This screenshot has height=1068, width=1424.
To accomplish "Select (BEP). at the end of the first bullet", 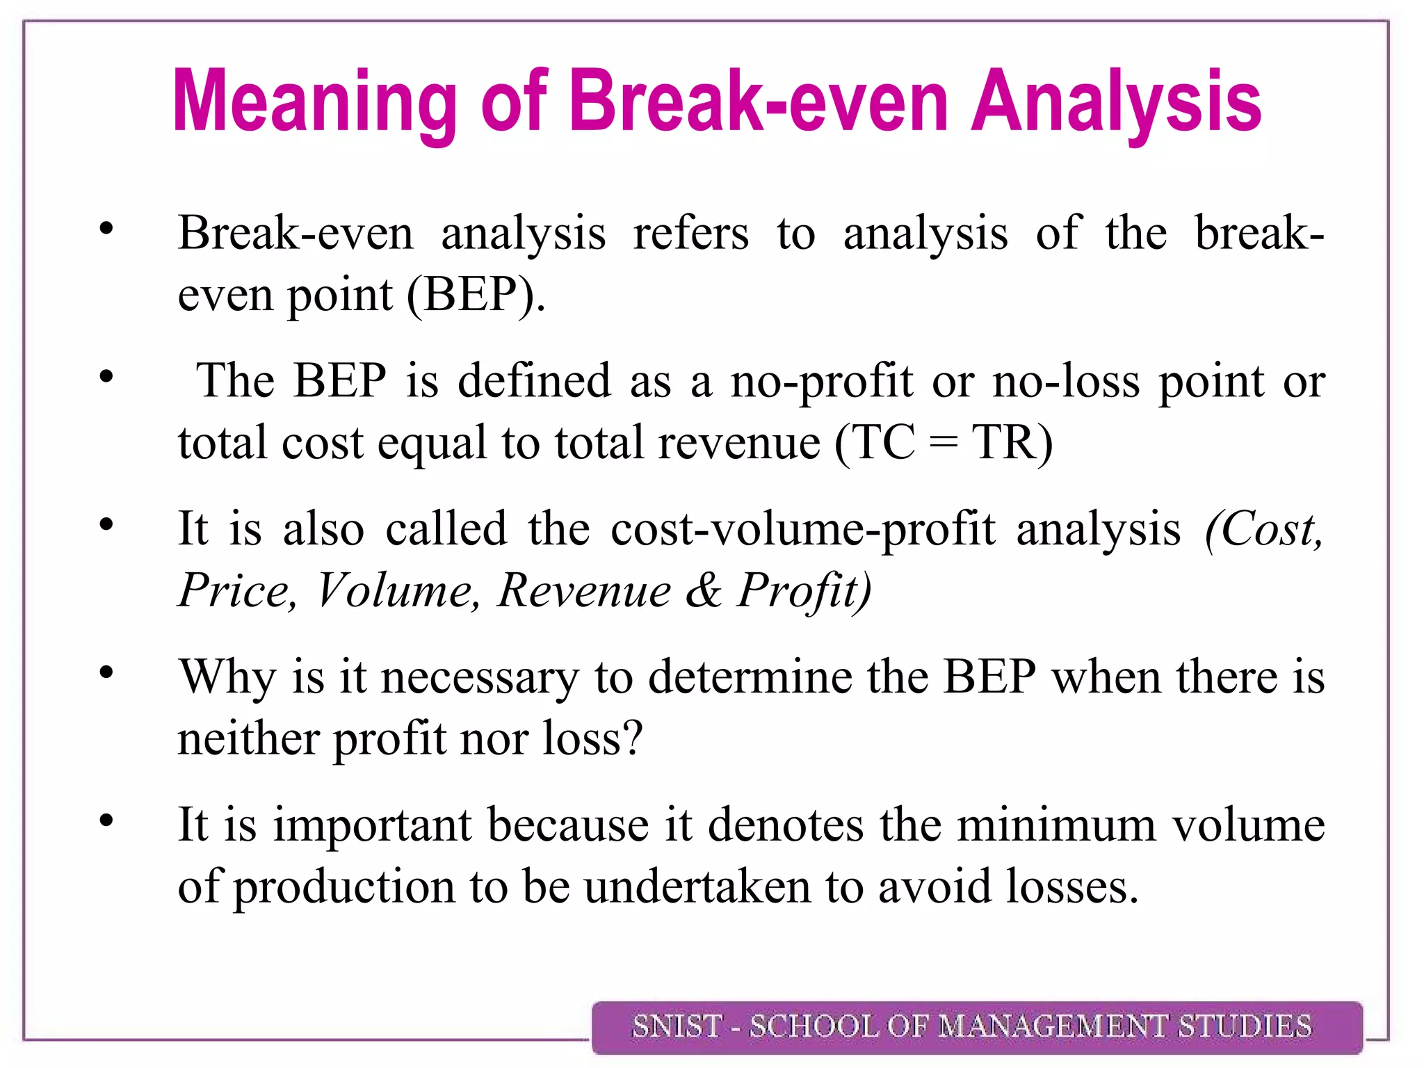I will pyautogui.click(x=476, y=295).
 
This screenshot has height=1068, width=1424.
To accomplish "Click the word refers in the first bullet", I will pyautogui.click(x=690, y=233).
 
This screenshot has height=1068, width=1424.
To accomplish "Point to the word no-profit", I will pyautogui.click(x=821, y=382).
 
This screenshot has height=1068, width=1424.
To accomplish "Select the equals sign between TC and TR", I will pyautogui.click(x=943, y=444).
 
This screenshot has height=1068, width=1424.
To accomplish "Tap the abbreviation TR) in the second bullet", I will pyautogui.click(x=1012, y=442).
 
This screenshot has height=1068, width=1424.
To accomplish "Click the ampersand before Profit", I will pyautogui.click(x=704, y=591).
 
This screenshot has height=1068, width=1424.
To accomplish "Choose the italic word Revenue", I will pyautogui.click(x=584, y=591).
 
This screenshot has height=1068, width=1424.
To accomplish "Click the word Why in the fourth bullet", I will pyautogui.click(x=227, y=677).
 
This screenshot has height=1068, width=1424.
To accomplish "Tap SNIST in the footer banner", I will pyautogui.click(x=676, y=1027).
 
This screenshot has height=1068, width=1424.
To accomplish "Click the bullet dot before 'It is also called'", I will pyautogui.click(x=106, y=525).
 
